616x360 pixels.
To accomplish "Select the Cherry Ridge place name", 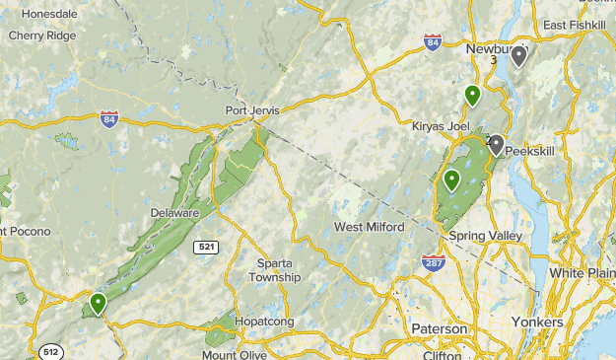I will coord(40,36).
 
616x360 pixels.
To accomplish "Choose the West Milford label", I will coord(369,227).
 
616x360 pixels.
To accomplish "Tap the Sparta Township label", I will coord(278,270).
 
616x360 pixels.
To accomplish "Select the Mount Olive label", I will coord(234,354).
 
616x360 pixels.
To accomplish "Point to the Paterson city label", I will coord(440,327).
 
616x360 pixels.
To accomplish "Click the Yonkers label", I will coord(537,323).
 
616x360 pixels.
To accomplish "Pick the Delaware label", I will coord(174,212).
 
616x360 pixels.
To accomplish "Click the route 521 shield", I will coord(206,246).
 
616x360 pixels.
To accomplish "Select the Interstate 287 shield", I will coord(435,263).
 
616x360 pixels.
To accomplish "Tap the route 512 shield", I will coord(49,350).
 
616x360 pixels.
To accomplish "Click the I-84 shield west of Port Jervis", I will coord(109,119).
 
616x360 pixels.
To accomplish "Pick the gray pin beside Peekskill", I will coord(496,145).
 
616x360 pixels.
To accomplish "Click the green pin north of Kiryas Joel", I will coord(473,96).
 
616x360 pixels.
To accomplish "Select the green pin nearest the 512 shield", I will coord(98,303).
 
